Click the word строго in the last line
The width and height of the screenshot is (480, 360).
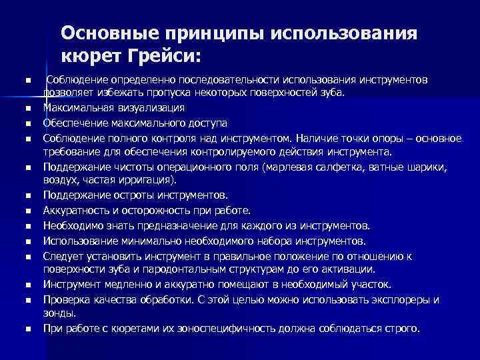click(402, 328)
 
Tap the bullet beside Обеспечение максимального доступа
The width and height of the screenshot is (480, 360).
click(29, 124)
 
